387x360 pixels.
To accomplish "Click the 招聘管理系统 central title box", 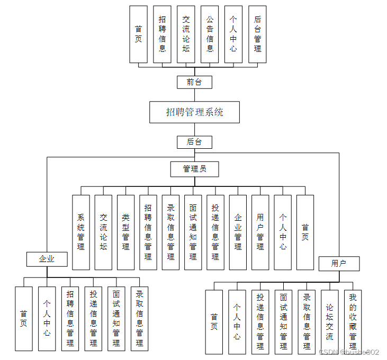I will tap(194, 112).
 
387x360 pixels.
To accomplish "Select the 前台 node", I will tap(194, 82).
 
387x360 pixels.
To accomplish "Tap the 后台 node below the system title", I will tap(194, 142).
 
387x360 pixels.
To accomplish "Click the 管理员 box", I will tap(194, 169).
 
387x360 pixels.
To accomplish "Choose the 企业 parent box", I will tap(47, 259).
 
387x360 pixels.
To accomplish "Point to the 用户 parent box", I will tap(339, 263).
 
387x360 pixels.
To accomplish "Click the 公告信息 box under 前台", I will tap(210, 34).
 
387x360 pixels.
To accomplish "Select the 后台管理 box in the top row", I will tap(257, 34).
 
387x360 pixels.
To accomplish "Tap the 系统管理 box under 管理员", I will tap(81, 232).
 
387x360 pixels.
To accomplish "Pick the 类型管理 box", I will tap(125, 232).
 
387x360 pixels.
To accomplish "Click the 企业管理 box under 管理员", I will tap(238, 232).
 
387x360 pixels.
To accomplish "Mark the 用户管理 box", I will tap(260, 232).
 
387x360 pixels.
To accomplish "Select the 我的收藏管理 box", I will tap(353, 322).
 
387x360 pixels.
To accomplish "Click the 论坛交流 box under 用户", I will tap(329, 322).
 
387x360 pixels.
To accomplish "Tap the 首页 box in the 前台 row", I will tap(138, 34).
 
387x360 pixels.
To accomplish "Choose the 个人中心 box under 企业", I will tap(47, 318).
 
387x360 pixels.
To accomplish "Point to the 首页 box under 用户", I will tap(214, 322).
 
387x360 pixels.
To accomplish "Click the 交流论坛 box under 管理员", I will tap(103, 232).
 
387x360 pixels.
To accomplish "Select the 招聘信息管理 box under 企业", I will tap(70, 318).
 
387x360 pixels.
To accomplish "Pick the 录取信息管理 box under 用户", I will tap(307, 322).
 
